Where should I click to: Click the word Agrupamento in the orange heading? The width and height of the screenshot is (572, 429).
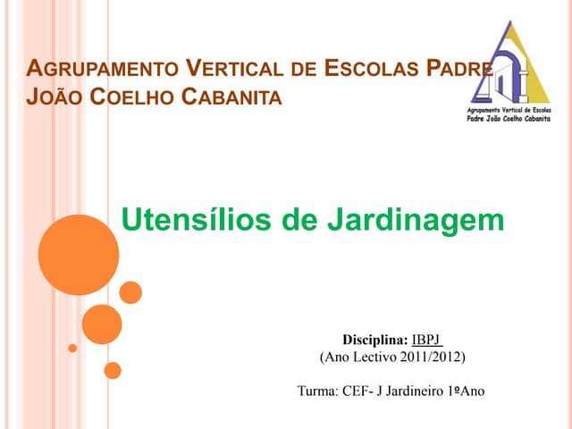101,68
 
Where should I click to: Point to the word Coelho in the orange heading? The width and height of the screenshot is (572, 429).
132,96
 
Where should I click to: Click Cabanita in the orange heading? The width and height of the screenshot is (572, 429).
231,96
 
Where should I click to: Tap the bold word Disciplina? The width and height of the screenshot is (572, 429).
375,340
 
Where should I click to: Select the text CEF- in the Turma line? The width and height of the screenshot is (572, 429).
359,391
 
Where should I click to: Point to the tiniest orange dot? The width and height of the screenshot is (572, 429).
73,348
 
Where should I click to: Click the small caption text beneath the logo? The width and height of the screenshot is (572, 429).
510,114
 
